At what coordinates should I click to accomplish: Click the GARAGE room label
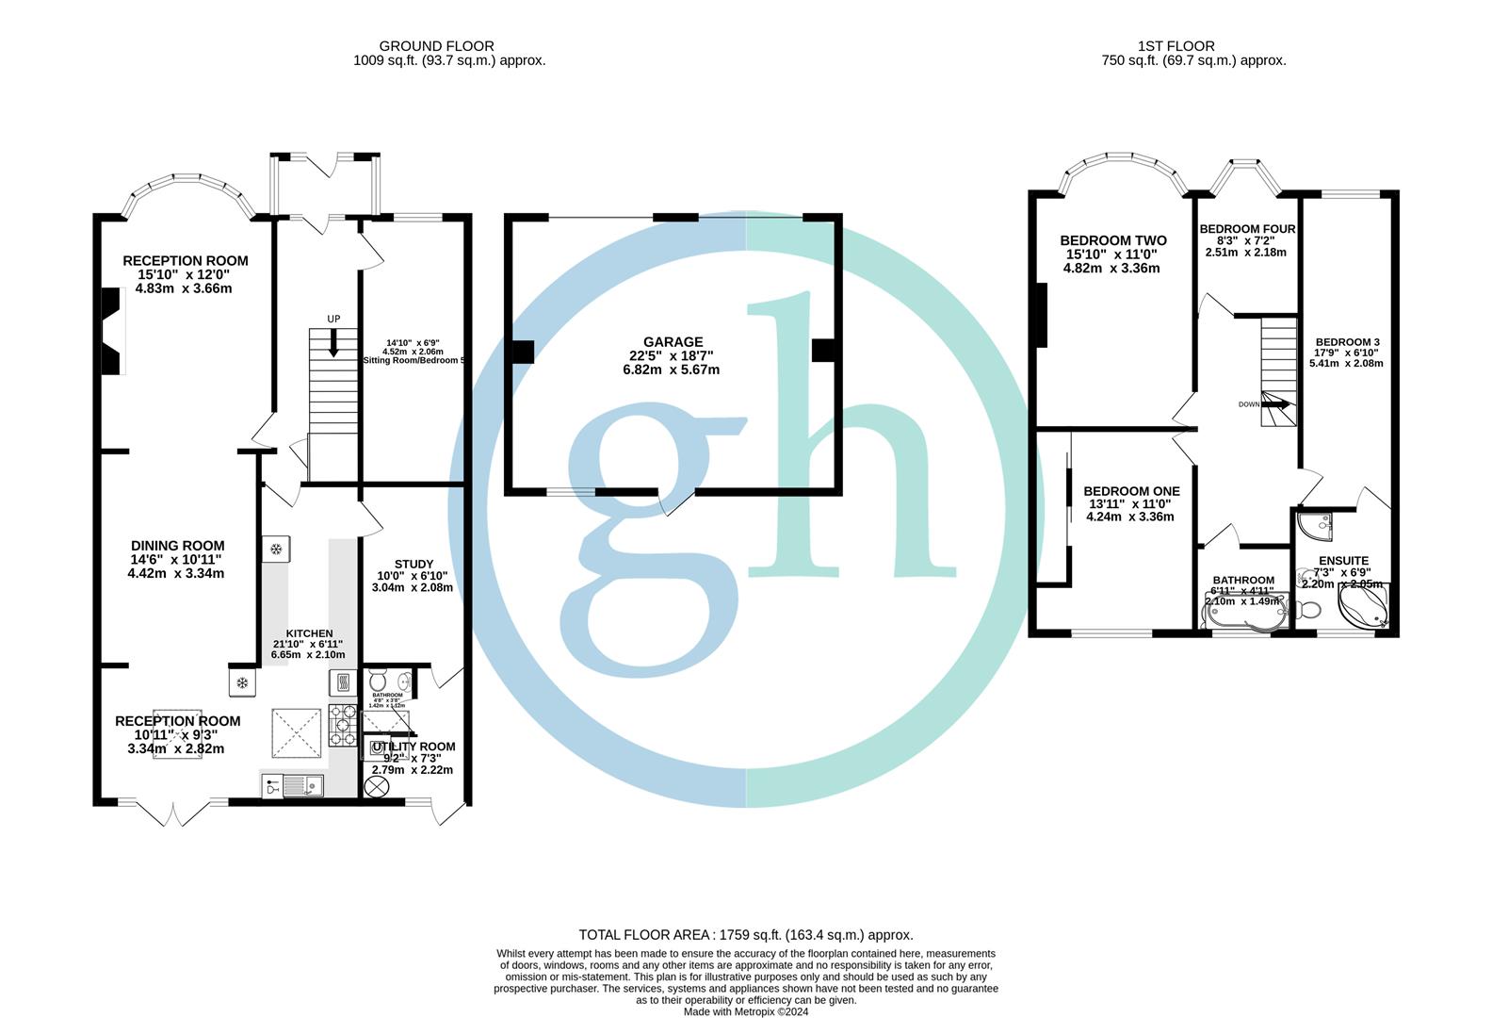(x=673, y=342)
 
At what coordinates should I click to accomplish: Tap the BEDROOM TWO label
(x=1112, y=241)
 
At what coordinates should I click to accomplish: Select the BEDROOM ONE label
(x=1130, y=491)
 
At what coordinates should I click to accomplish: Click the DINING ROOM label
(x=177, y=546)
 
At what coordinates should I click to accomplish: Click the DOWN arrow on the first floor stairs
(x=1275, y=404)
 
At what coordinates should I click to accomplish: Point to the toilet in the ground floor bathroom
(x=378, y=681)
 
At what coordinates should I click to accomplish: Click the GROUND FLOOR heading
(x=436, y=46)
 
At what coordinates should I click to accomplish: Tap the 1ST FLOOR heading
(x=1176, y=46)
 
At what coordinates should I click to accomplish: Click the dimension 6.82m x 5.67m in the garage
(x=671, y=369)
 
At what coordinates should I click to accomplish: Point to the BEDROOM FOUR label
(x=1247, y=229)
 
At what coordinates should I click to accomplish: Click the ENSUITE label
(x=1344, y=561)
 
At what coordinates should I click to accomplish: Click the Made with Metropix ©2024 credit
(x=745, y=1012)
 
